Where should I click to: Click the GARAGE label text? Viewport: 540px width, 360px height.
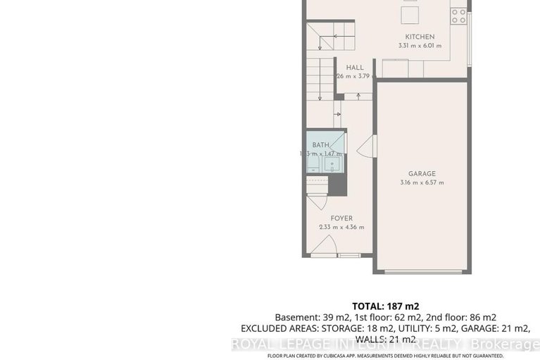click(x=422, y=173)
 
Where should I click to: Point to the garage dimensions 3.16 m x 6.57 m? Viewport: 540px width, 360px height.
click(x=422, y=182)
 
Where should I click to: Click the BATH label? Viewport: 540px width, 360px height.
click(x=320, y=145)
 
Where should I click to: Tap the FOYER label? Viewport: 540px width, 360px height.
click(x=341, y=218)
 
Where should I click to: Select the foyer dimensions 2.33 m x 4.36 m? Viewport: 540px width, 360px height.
click(x=341, y=227)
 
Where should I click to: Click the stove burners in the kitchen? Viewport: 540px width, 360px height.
click(x=458, y=14)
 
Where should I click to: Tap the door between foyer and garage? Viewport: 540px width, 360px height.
click(x=366, y=149)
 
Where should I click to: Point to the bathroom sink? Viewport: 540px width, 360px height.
click(x=333, y=166)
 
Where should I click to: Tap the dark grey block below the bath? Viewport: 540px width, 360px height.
click(x=338, y=185)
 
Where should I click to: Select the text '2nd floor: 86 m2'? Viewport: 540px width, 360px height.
click(x=464, y=317)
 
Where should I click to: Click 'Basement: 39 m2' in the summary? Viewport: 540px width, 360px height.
click(x=304, y=317)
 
